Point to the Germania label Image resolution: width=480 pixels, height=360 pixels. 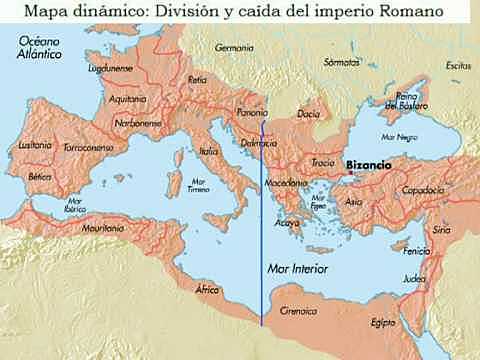(236, 46)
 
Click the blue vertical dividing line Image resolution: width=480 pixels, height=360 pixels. (263, 250)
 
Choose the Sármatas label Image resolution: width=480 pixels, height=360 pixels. (343, 61)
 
